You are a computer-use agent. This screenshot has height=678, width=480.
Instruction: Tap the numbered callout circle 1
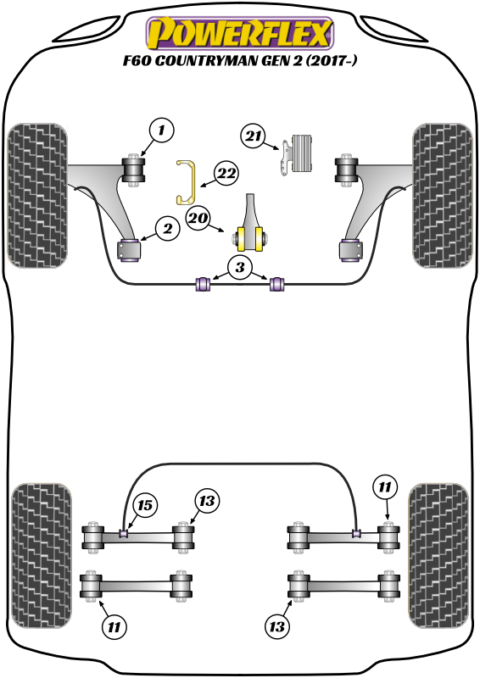coord(161,130)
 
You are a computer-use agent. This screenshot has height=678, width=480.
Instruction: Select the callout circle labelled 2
coord(168,228)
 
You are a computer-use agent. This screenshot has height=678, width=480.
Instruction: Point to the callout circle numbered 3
coord(240,267)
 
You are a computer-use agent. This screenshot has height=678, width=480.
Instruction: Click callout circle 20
coord(198,218)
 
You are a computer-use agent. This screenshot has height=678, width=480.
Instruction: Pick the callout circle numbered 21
coord(254,136)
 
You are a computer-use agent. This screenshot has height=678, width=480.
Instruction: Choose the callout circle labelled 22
coord(226,174)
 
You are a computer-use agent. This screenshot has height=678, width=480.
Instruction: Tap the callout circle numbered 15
coord(145,505)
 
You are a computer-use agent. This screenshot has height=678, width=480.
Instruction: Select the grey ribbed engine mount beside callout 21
coord(299,154)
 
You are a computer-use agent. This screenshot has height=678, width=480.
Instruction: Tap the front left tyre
coord(37,196)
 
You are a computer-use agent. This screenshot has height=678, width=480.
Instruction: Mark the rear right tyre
coord(439,556)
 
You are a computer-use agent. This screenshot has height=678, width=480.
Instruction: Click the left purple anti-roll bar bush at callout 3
coord(204,284)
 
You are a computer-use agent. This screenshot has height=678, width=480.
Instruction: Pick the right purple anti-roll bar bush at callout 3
coord(276,284)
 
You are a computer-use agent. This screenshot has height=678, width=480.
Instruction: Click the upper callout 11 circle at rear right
coord(384,487)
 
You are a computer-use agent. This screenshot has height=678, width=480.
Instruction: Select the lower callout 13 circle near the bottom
coord(277,626)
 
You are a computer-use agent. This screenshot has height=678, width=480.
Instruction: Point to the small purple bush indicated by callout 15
coord(124,533)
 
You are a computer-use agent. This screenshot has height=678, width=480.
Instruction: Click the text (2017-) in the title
coord(332,60)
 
